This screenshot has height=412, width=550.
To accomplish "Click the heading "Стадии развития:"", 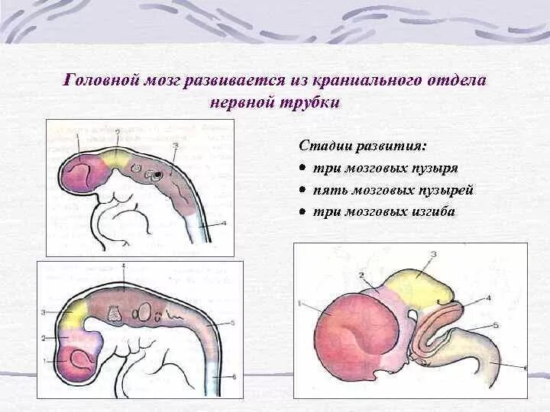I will tap(363, 145).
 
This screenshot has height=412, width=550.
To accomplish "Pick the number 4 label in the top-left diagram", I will tap(224, 224).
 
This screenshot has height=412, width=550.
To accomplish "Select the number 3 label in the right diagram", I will tap(433, 254).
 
